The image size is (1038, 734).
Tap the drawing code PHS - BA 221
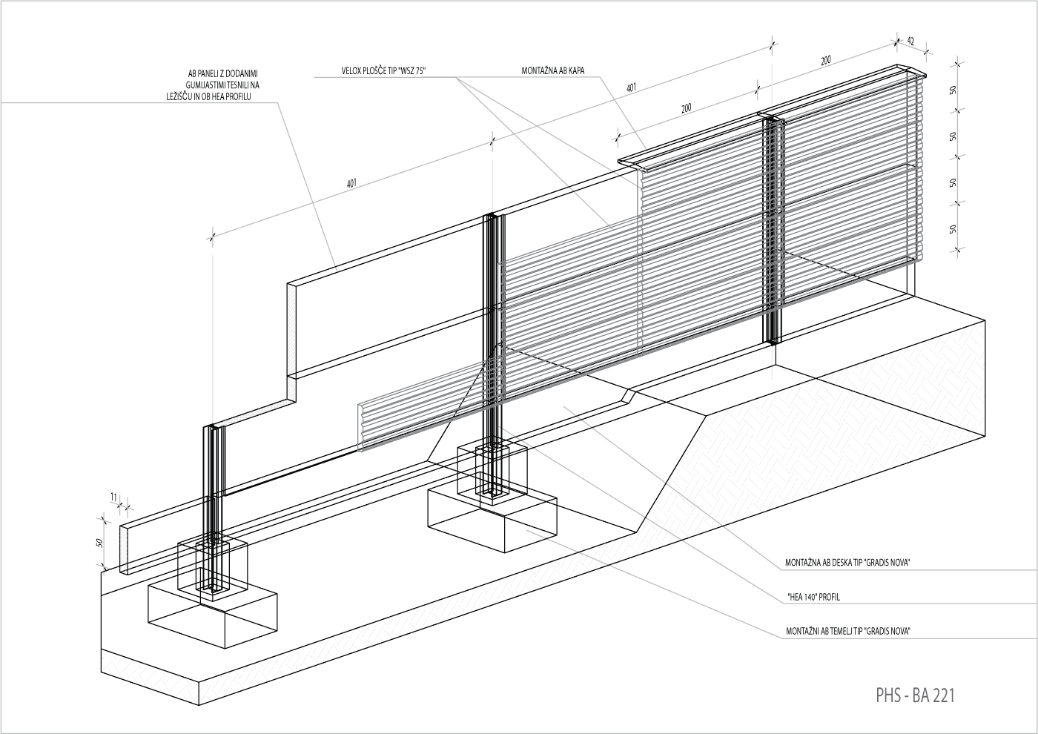(915, 695)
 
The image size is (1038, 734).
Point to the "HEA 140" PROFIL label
(813, 597)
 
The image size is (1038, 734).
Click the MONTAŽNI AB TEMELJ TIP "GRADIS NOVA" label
(847, 632)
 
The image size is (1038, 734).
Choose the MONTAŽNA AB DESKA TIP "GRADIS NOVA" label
(847, 563)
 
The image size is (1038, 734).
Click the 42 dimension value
(910, 42)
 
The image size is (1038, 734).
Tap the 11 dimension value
(113, 496)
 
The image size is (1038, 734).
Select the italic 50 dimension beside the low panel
(99, 543)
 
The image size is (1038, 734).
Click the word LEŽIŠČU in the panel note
(181, 97)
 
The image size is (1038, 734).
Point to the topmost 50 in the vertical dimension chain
(953, 89)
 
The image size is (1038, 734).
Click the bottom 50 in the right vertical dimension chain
(953, 229)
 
